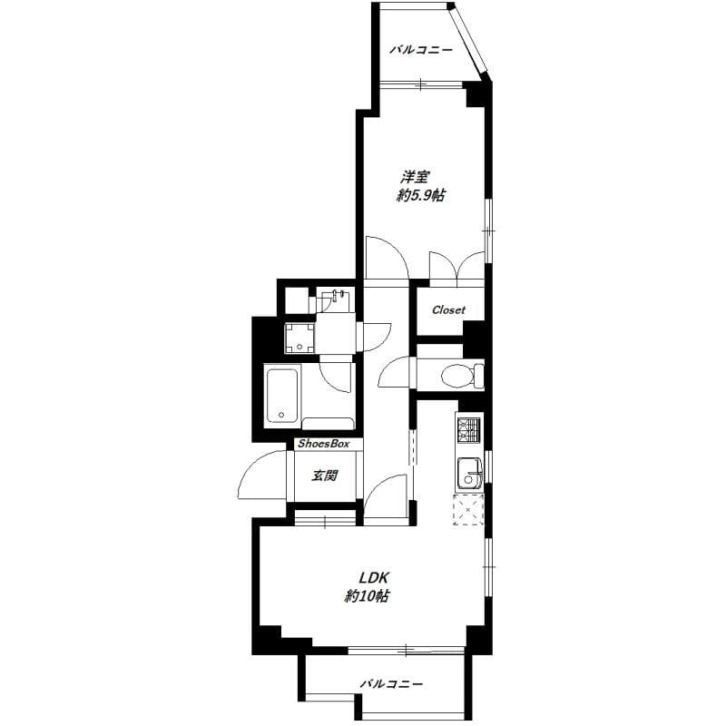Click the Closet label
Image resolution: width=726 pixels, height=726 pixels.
click(x=448, y=309)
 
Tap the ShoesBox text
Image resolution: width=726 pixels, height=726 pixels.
click(x=324, y=444)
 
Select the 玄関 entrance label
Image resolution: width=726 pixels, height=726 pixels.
click(x=325, y=475)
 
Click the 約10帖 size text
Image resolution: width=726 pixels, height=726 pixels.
click(x=367, y=596)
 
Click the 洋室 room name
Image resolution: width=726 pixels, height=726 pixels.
click(x=416, y=177)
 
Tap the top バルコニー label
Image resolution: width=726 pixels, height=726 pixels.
click(x=421, y=49)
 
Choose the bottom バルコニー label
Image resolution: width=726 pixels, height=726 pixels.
click(x=392, y=683)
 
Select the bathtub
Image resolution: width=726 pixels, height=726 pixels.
click(x=281, y=396)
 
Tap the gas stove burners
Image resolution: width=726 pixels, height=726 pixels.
click(x=469, y=429)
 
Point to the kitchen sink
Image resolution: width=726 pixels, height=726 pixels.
click(x=470, y=474)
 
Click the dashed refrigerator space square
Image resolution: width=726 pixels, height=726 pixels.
click(x=468, y=509)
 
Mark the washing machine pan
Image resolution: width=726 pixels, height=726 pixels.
click(x=299, y=338)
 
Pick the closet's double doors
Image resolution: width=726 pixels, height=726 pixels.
click(x=456, y=265)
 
